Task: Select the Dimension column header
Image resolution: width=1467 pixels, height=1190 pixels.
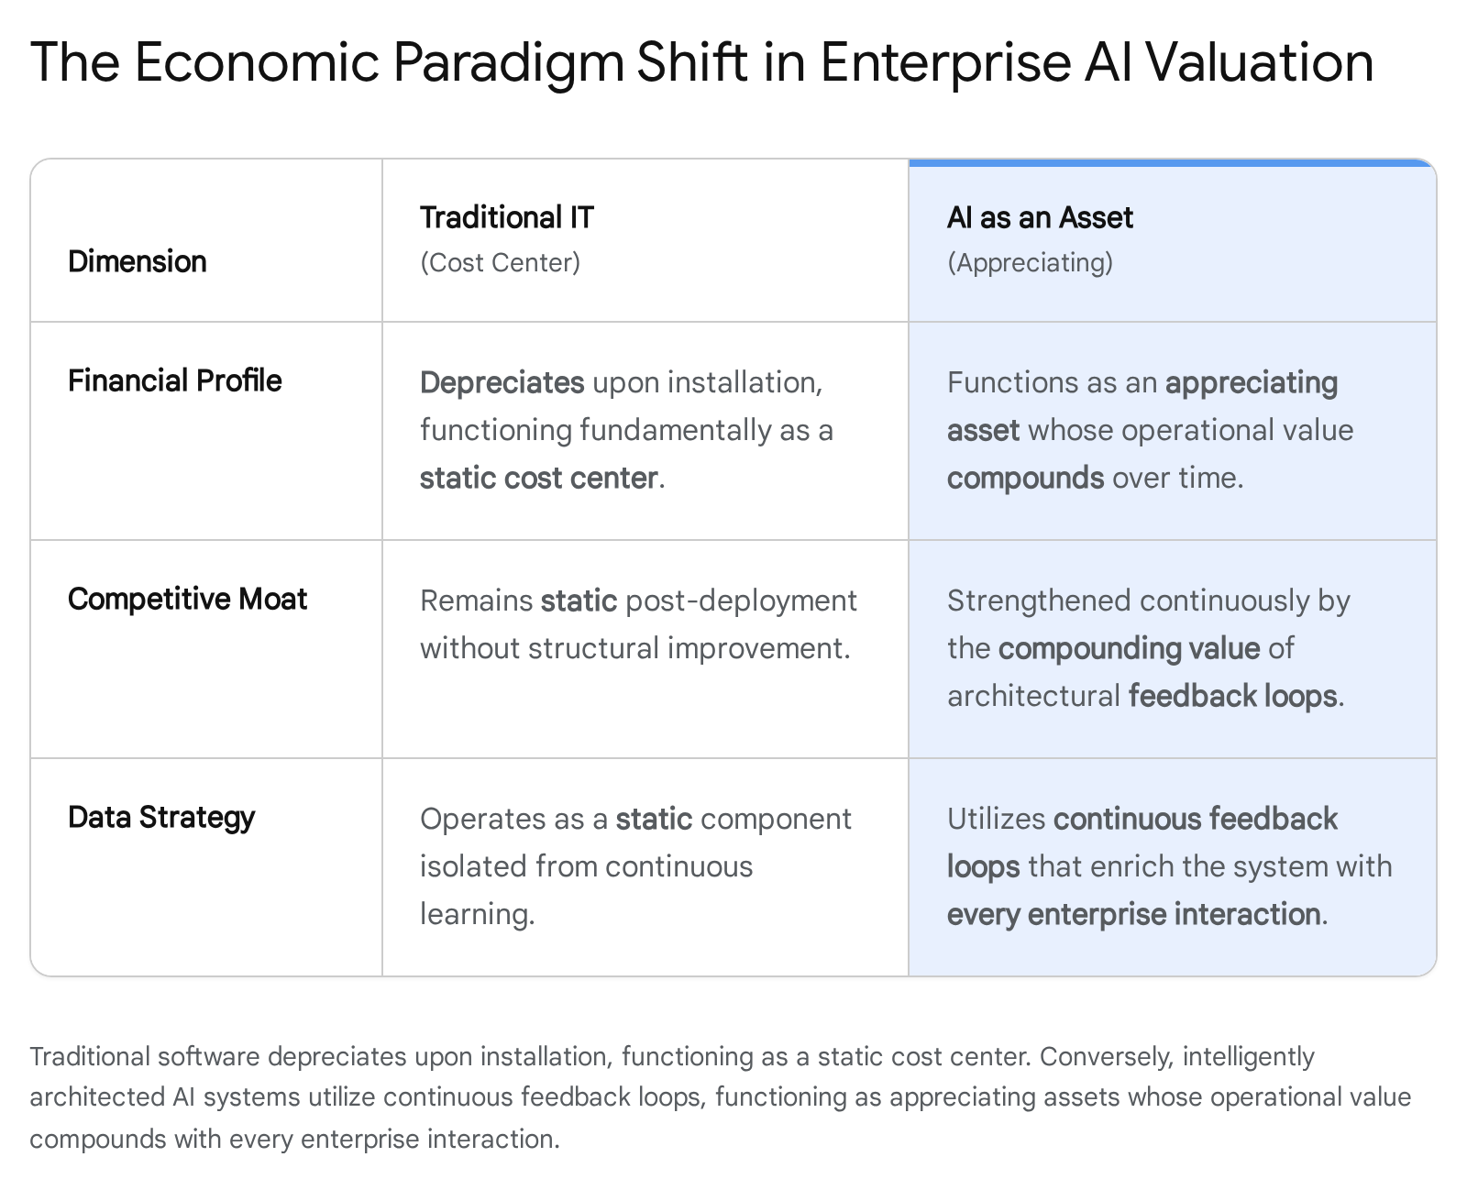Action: (137, 261)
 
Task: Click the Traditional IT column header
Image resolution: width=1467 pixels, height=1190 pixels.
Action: (507, 217)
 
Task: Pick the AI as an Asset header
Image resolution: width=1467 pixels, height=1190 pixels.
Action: (1040, 217)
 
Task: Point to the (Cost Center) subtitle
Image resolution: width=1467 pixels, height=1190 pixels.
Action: (500, 262)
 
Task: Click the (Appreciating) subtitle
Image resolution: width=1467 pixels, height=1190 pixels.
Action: (1031, 262)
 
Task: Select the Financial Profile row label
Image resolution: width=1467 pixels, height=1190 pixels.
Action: (175, 380)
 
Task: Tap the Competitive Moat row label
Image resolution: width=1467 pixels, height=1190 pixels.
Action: (187, 599)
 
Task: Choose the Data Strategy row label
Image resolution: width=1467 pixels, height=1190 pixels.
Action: (161, 818)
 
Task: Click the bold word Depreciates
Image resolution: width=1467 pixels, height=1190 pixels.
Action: (502, 383)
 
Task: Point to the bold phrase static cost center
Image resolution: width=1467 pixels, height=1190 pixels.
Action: (538, 478)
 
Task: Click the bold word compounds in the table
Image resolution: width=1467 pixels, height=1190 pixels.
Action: (1025, 479)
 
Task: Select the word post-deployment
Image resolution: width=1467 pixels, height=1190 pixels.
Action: (741, 601)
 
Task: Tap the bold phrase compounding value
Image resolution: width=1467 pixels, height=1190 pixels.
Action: (1130, 649)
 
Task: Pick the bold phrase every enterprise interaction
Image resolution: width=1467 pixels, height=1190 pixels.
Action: (1134, 915)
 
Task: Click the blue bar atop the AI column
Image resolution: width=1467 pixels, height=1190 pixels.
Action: (1172, 163)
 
